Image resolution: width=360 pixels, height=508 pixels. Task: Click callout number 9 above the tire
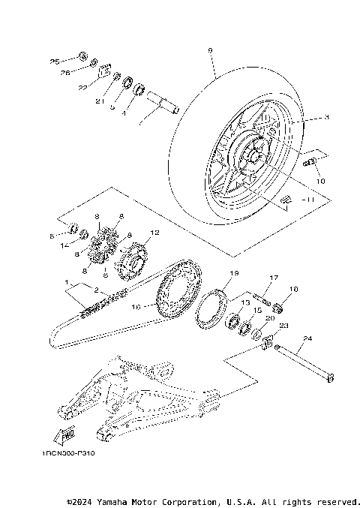click(210, 50)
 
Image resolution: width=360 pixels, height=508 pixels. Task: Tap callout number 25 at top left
click(54, 61)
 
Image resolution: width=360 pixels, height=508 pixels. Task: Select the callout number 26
click(64, 73)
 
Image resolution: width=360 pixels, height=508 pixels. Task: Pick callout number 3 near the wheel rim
click(305, 118)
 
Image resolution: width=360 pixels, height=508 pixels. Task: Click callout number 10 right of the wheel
click(320, 181)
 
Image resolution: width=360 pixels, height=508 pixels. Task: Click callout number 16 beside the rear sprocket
click(136, 305)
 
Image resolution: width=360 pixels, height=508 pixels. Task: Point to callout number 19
click(233, 273)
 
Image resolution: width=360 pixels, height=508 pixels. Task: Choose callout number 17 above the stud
click(274, 277)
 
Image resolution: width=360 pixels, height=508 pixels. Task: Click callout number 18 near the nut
click(293, 288)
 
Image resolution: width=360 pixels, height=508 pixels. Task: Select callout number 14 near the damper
click(65, 244)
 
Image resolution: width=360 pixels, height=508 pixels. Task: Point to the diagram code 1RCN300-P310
click(69, 454)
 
